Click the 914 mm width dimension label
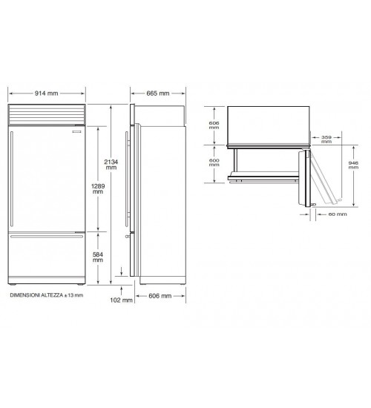[46, 93]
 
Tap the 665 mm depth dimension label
[158, 93]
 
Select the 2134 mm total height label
[111, 165]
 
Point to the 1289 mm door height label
[98, 188]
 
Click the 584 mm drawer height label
[98, 257]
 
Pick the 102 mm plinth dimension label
[122, 300]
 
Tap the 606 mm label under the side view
[160, 296]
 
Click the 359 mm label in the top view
[326, 139]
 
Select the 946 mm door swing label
[353, 165]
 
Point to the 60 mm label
[338, 214]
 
